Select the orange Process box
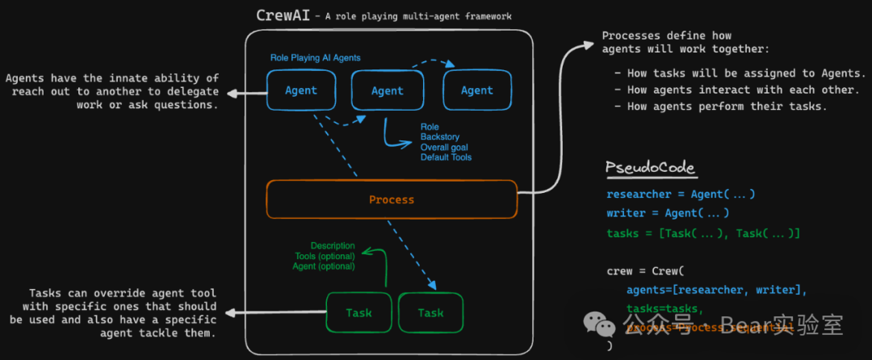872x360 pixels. tap(392, 199)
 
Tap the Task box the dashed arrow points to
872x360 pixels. tap(431, 312)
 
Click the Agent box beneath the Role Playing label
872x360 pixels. tap(301, 90)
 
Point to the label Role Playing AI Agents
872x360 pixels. tap(315, 58)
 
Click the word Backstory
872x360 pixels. tap(440, 137)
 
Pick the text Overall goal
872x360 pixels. tap(444, 148)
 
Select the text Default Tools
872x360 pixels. tap(446, 157)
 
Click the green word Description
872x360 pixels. tap(333, 245)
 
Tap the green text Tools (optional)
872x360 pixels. tap(325, 256)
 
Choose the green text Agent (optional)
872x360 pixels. tap(325, 266)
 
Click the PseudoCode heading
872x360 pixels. tap(651, 168)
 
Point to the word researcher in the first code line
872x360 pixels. tap(638, 195)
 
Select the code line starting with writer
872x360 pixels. tap(668, 213)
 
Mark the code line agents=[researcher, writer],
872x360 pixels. tap(716, 290)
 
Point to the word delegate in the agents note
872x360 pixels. tap(191, 91)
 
